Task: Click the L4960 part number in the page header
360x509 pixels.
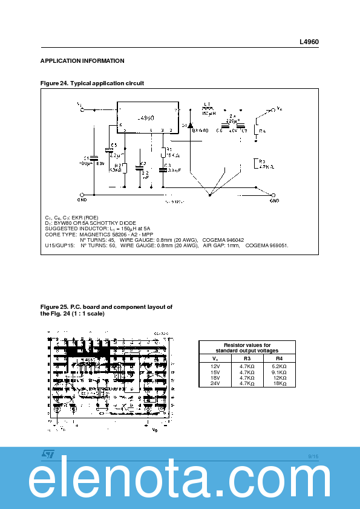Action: point(309,42)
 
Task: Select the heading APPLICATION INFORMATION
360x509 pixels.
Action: point(82,61)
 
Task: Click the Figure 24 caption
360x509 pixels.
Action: point(92,83)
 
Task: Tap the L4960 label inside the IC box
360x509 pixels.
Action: point(147,118)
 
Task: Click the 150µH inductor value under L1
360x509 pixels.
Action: point(208,113)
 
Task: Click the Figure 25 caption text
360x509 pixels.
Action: point(106,310)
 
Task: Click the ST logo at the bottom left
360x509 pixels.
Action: point(48,453)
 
